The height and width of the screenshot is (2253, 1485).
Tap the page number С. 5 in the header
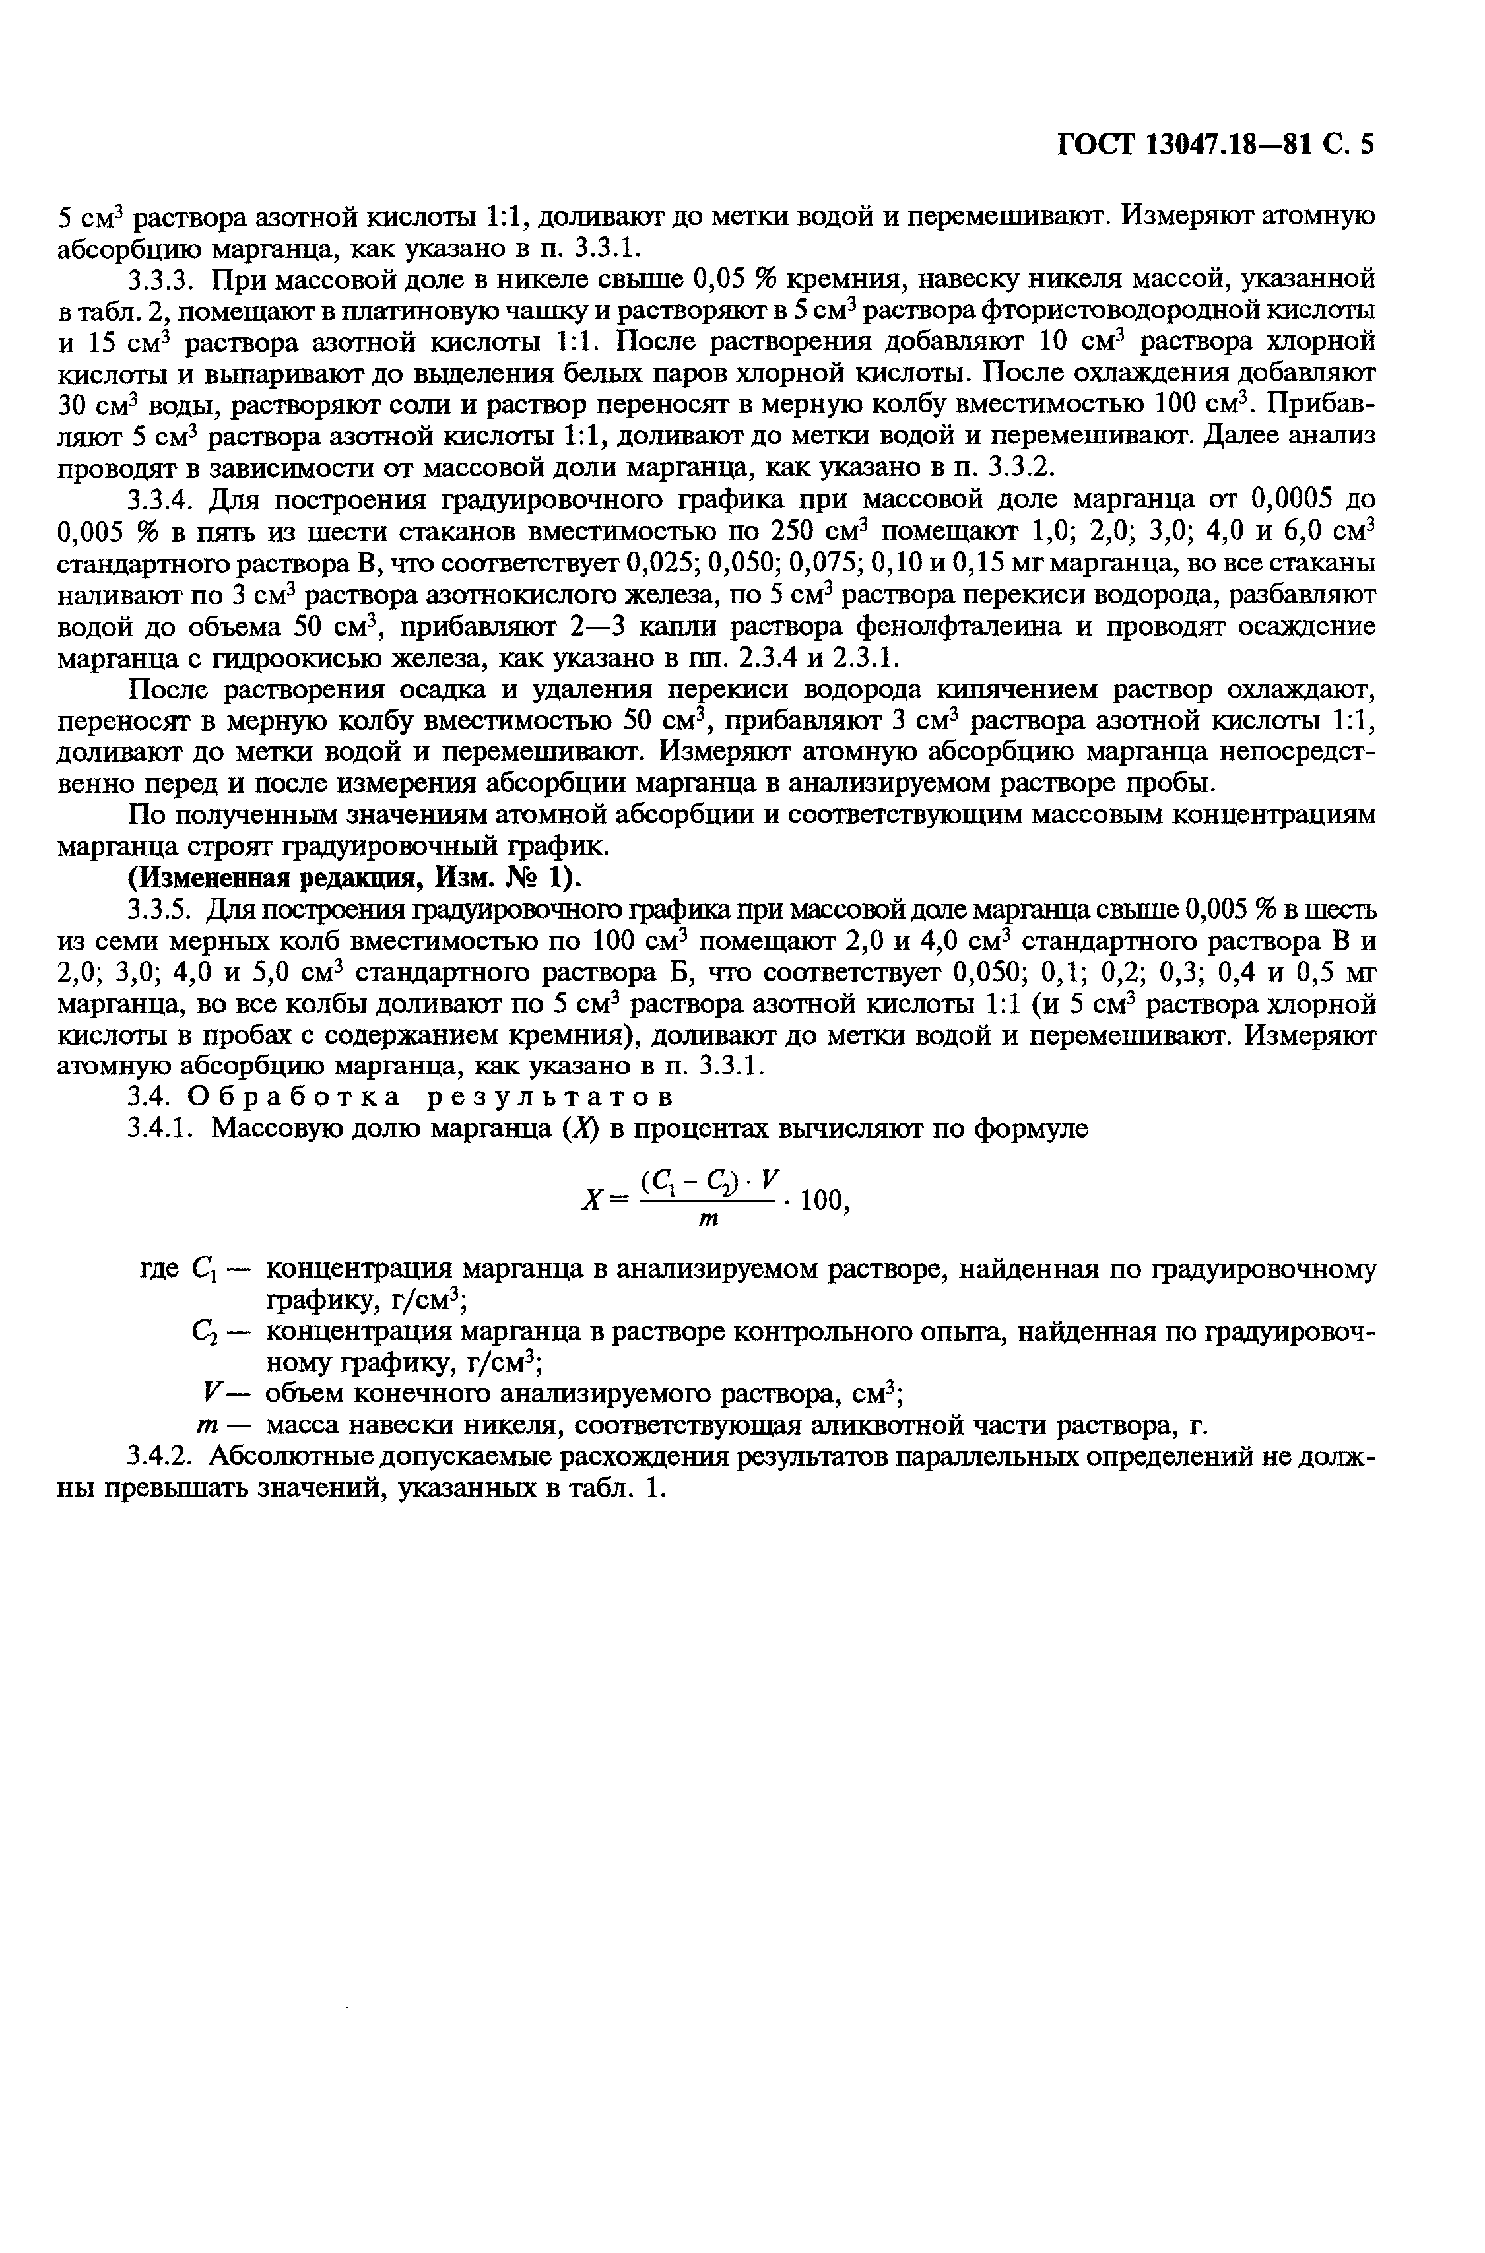(x=1348, y=144)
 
